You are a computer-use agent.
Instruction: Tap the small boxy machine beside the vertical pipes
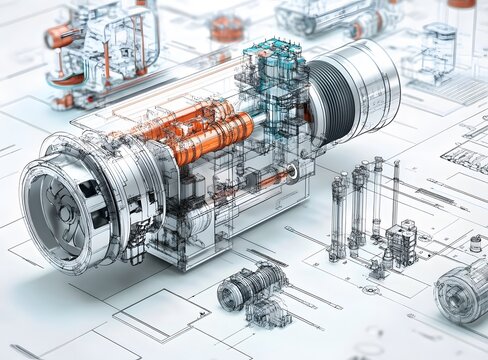click(402, 242)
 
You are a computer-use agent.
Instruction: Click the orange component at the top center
click(227, 28)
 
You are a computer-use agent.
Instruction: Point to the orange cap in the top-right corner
click(461, 4)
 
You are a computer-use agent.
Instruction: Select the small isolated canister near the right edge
click(475, 243)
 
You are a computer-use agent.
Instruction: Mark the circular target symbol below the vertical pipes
click(370, 290)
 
